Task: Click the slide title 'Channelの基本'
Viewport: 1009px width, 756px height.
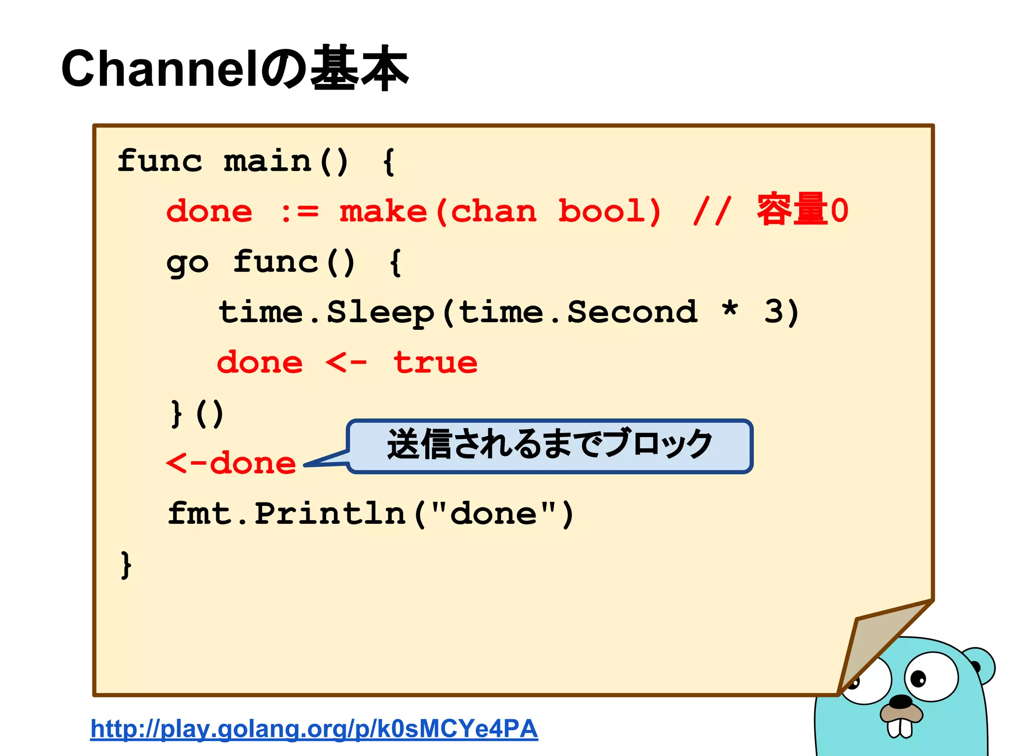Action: coord(235,69)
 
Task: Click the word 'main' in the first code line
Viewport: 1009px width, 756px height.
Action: coord(267,161)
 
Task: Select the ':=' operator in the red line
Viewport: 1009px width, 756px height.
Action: coord(300,212)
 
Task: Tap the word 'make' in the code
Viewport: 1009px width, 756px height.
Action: coord(383,212)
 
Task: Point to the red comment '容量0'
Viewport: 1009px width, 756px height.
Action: coord(802,210)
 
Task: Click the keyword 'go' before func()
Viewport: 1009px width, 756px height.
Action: coord(187,263)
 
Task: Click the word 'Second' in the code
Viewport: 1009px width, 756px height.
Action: coord(633,312)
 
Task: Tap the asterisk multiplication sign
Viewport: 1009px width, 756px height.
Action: coord(730,310)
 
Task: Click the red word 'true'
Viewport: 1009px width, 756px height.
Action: coord(436,363)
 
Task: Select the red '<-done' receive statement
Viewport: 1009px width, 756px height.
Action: coord(231,464)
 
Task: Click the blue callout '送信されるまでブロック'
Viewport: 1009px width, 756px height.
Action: coord(549,445)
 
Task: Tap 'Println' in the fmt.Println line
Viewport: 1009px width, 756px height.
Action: coord(330,514)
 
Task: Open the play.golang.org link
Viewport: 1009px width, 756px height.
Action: coord(314,729)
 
